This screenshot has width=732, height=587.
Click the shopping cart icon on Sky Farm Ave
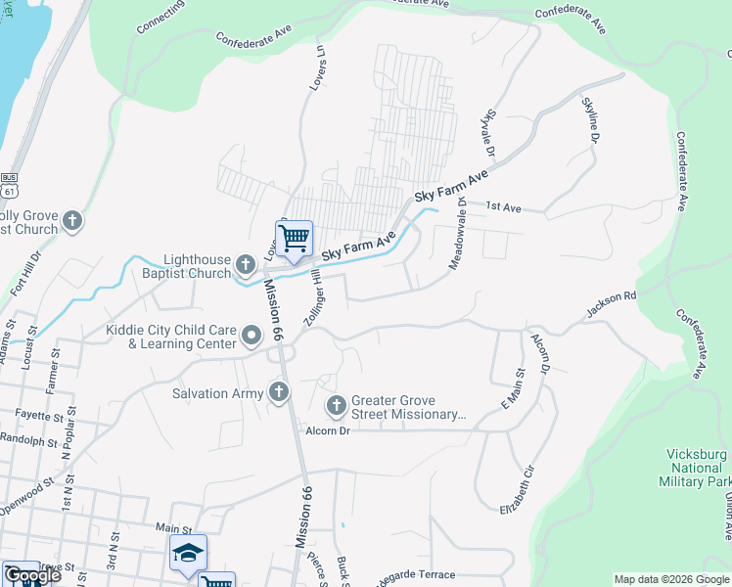[x=294, y=238]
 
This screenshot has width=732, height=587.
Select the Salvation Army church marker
[x=279, y=392]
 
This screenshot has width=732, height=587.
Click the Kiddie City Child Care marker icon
[x=252, y=338]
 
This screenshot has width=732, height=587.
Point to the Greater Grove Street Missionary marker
[x=337, y=406]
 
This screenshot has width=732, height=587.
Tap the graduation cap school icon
[x=188, y=553]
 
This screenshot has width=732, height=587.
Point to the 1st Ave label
[x=506, y=207]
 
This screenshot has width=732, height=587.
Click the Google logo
[x=31, y=576]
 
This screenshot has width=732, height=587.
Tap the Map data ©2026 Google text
[x=670, y=579]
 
